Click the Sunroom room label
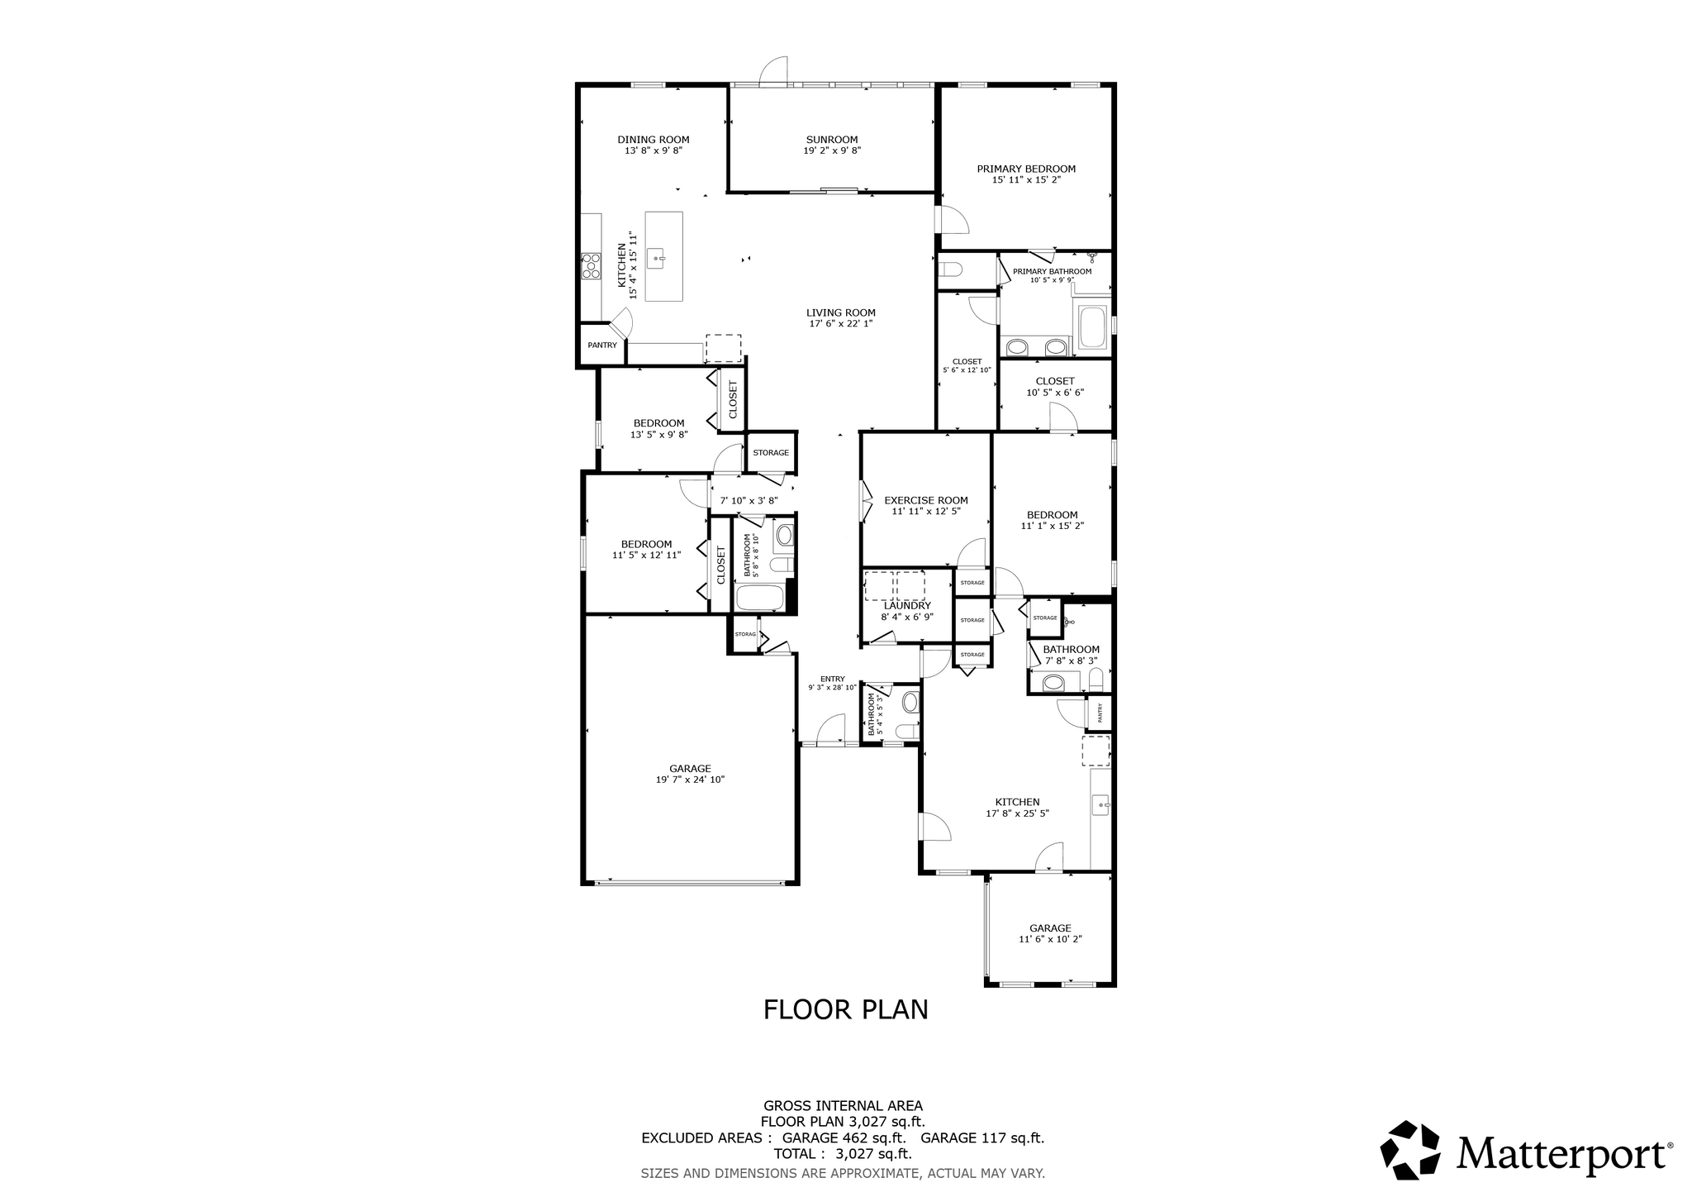point(832,140)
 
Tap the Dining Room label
point(654,140)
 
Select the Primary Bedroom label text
point(1026,169)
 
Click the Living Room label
point(841,312)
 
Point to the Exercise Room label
point(926,500)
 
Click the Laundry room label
point(907,606)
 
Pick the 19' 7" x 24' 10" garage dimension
point(690,780)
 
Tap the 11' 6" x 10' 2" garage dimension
point(1050,939)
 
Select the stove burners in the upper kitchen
point(591,265)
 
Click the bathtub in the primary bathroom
point(1093,327)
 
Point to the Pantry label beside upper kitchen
point(602,346)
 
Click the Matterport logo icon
point(1410,1149)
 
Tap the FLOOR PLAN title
point(845,1010)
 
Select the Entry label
point(833,679)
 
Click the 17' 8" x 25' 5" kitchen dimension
point(1017,813)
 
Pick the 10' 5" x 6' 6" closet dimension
point(1055,393)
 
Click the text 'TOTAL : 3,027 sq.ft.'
point(843,1154)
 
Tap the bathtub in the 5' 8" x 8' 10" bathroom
point(761,598)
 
